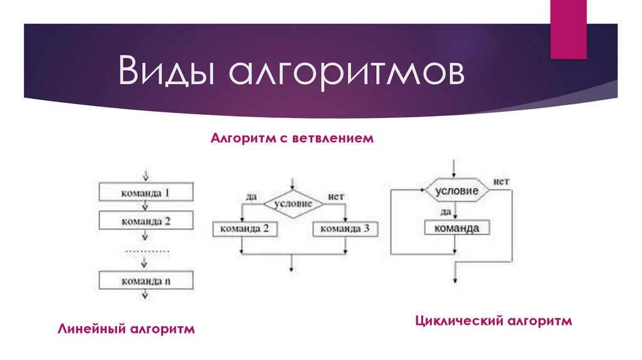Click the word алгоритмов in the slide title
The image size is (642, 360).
coord(349,73)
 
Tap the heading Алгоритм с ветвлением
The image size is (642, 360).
coord(292,137)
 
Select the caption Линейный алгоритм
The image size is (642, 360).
coord(127,329)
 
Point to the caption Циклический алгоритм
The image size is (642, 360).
coord(494,321)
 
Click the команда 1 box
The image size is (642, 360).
coord(145,193)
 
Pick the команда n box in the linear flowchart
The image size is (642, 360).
coord(145,280)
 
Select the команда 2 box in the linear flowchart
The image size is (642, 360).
coord(145,221)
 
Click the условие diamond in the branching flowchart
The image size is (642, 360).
coord(292,203)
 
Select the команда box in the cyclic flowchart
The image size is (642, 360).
coord(458,228)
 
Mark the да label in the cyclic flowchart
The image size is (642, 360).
coord(445,211)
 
